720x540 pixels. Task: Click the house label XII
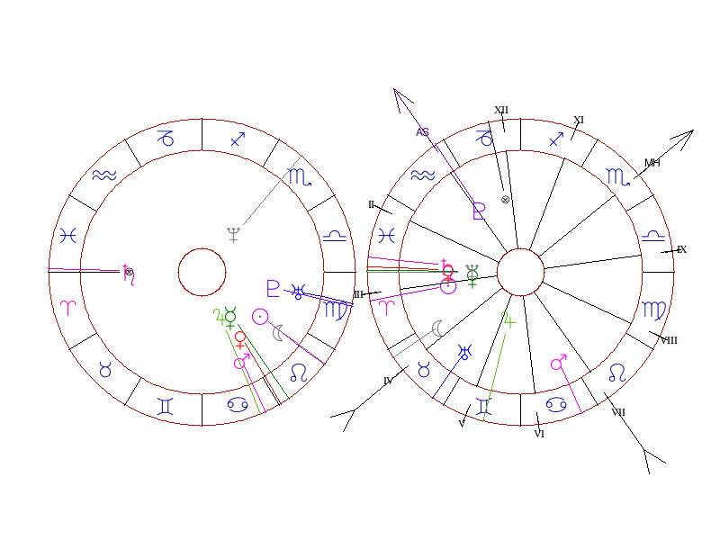click(x=501, y=111)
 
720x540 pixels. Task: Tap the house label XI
click(x=579, y=120)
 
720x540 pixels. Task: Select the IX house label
click(x=681, y=249)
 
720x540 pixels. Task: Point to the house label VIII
click(x=669, y=340)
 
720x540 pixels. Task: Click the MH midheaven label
click(x=652, y=163)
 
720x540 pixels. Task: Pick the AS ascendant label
click(x=423, y=132)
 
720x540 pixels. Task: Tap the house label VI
click(x=539, y=434)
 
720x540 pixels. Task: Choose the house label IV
click(x=388, y=381)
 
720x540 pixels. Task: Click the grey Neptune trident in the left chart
click(x=234, y=235)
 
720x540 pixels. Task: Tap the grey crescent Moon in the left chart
click(x=278, y=332)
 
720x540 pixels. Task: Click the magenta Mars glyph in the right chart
click(x=559, y=363)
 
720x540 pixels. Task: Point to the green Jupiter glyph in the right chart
click(x=509, y=319)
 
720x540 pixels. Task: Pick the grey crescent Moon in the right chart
click(x=437, y=328)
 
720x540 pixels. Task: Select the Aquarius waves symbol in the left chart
click(x=105, y=175)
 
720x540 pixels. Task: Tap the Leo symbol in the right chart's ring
click(x=616, y=372)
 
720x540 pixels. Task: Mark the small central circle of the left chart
click(x=202, y=272)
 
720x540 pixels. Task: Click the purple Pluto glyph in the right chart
click(x=479, y=211)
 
